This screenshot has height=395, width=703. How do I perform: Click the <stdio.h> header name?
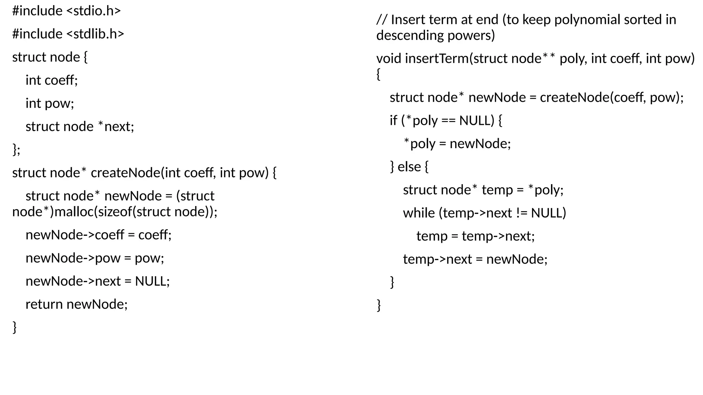click(93, 11)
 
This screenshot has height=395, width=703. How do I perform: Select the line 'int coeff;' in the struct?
click(51, 80)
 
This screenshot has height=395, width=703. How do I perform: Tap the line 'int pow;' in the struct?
click(50, 103)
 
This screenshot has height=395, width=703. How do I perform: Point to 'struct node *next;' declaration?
click(80, 127)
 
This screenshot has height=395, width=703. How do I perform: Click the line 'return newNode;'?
click(76, 304)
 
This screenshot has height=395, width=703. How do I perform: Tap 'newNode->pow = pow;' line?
click(95, 258)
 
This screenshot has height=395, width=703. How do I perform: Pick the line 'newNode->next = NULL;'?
click(97, 281)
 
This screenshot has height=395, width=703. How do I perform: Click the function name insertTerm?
click(437, 59)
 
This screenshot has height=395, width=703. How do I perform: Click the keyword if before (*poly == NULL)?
click(393, 120)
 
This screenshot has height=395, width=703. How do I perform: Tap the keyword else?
click(409, 167)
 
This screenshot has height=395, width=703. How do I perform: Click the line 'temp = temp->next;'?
click(475, 236)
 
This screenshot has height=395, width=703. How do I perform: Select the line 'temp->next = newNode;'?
click(475, 259)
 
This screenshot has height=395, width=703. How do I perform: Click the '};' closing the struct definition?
click(16, 149)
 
